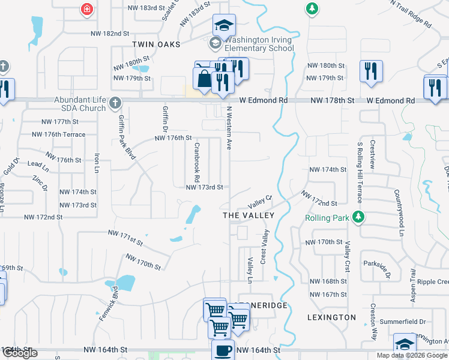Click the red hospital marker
(x=87, y=10)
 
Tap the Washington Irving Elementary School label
(x=259, y=44)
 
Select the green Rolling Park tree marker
(x=359, y=217)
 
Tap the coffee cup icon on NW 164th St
(x=223, y=350)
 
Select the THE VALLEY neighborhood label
(x=248, y=215)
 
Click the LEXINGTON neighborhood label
(x=331, y=317)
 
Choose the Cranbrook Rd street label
(x=196, y=162)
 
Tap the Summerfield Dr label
(x=406, y=322)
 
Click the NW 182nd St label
(x=110, y=34)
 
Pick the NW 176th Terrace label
(x=64, y=134)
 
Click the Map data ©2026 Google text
(x=412, y=355)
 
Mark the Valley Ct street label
(x=261, y=200)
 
